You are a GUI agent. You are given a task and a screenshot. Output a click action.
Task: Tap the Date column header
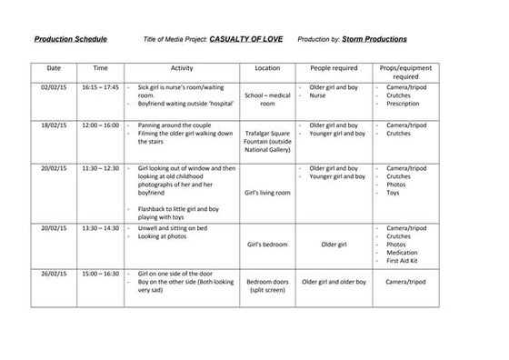[54, 68]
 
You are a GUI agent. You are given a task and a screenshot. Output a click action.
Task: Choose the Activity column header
[182, 68]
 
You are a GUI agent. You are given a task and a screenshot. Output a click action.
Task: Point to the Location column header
[267, 68]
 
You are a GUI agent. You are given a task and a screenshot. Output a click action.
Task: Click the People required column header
[332, 68]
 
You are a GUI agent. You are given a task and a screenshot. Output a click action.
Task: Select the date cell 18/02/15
[54, 125]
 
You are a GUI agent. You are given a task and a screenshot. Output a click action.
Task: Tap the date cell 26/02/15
[54, 272]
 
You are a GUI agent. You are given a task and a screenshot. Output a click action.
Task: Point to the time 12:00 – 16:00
[100, 125]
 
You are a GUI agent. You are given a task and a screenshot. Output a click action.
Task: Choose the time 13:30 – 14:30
[100, 227]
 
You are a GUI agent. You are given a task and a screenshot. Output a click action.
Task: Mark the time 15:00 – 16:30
[100, 272]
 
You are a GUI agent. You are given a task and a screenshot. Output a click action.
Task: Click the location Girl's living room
[267, 193]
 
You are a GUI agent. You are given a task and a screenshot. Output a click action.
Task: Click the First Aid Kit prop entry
[405, 262]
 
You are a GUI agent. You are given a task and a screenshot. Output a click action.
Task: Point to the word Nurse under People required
[317, 95]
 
